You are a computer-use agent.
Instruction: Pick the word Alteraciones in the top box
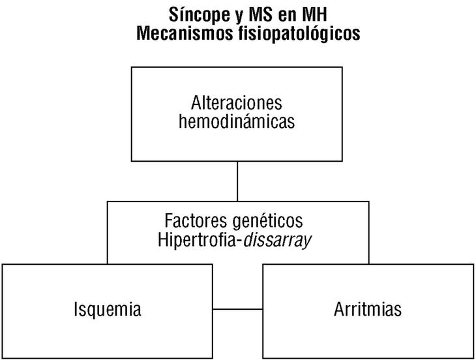237,103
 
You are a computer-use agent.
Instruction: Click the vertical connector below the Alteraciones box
237,181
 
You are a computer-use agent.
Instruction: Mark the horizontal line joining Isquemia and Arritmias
237,308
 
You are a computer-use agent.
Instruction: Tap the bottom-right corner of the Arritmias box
473,357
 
